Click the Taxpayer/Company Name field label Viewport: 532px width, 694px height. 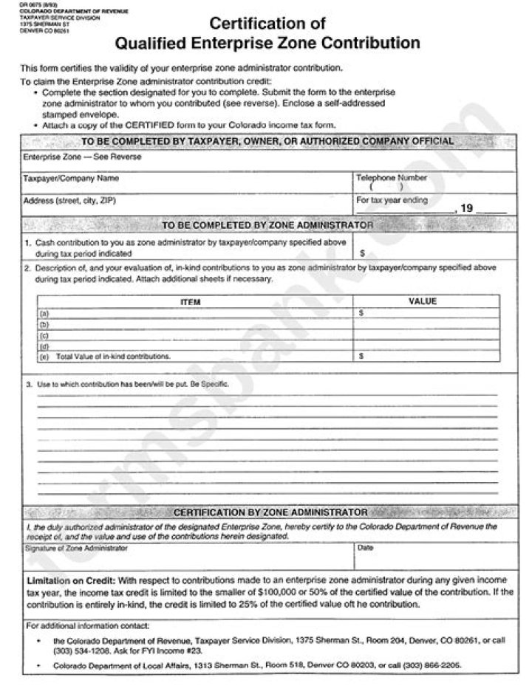coord(71,179)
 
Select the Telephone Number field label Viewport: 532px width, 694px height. coord(392,178)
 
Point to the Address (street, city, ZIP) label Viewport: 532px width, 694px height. coord(69,201)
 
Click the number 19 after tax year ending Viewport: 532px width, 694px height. coord(466,209)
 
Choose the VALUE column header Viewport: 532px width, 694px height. coord(423,301)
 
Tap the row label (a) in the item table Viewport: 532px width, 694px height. coord(44,313)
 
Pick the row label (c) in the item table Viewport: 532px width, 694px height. coord(44,334)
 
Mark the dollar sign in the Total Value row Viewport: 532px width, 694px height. coord(361,356)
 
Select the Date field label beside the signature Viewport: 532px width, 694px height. coord(365,549)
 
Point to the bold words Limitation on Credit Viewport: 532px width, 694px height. coord(70,580)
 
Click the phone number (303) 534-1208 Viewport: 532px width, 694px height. coord(76,650)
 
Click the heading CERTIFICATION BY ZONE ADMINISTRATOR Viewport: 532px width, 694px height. coord(270,512)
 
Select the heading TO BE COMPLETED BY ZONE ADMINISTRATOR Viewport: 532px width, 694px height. coord(267,224)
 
